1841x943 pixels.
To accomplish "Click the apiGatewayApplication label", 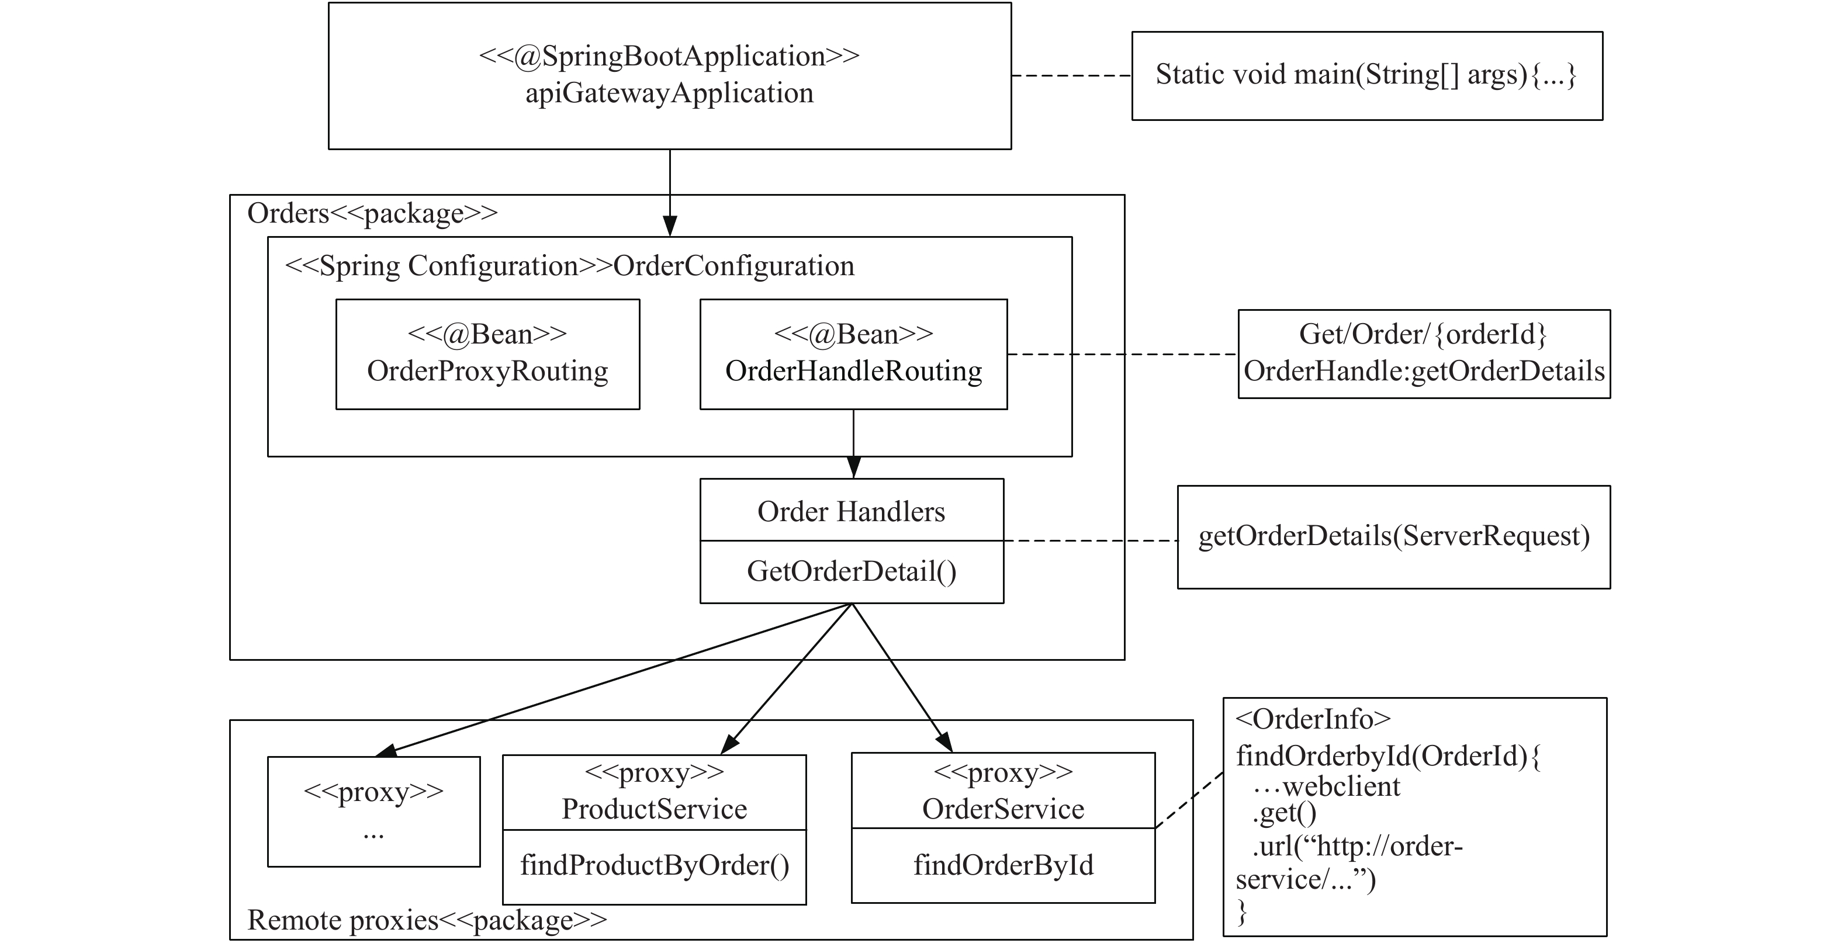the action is point(670,93).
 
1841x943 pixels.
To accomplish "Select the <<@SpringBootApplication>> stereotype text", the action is point(670,56).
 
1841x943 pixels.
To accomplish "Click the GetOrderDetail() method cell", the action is point(852,572).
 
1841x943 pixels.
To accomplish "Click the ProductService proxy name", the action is point(655,809).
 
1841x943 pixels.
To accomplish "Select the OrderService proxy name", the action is point(1003,809).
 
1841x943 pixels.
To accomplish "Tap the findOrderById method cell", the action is point(1003,866).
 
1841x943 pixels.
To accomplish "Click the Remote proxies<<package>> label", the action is point(427,920).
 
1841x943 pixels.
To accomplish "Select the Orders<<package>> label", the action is point(372,213).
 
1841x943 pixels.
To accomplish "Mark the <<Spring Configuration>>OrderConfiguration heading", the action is point(570,266).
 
